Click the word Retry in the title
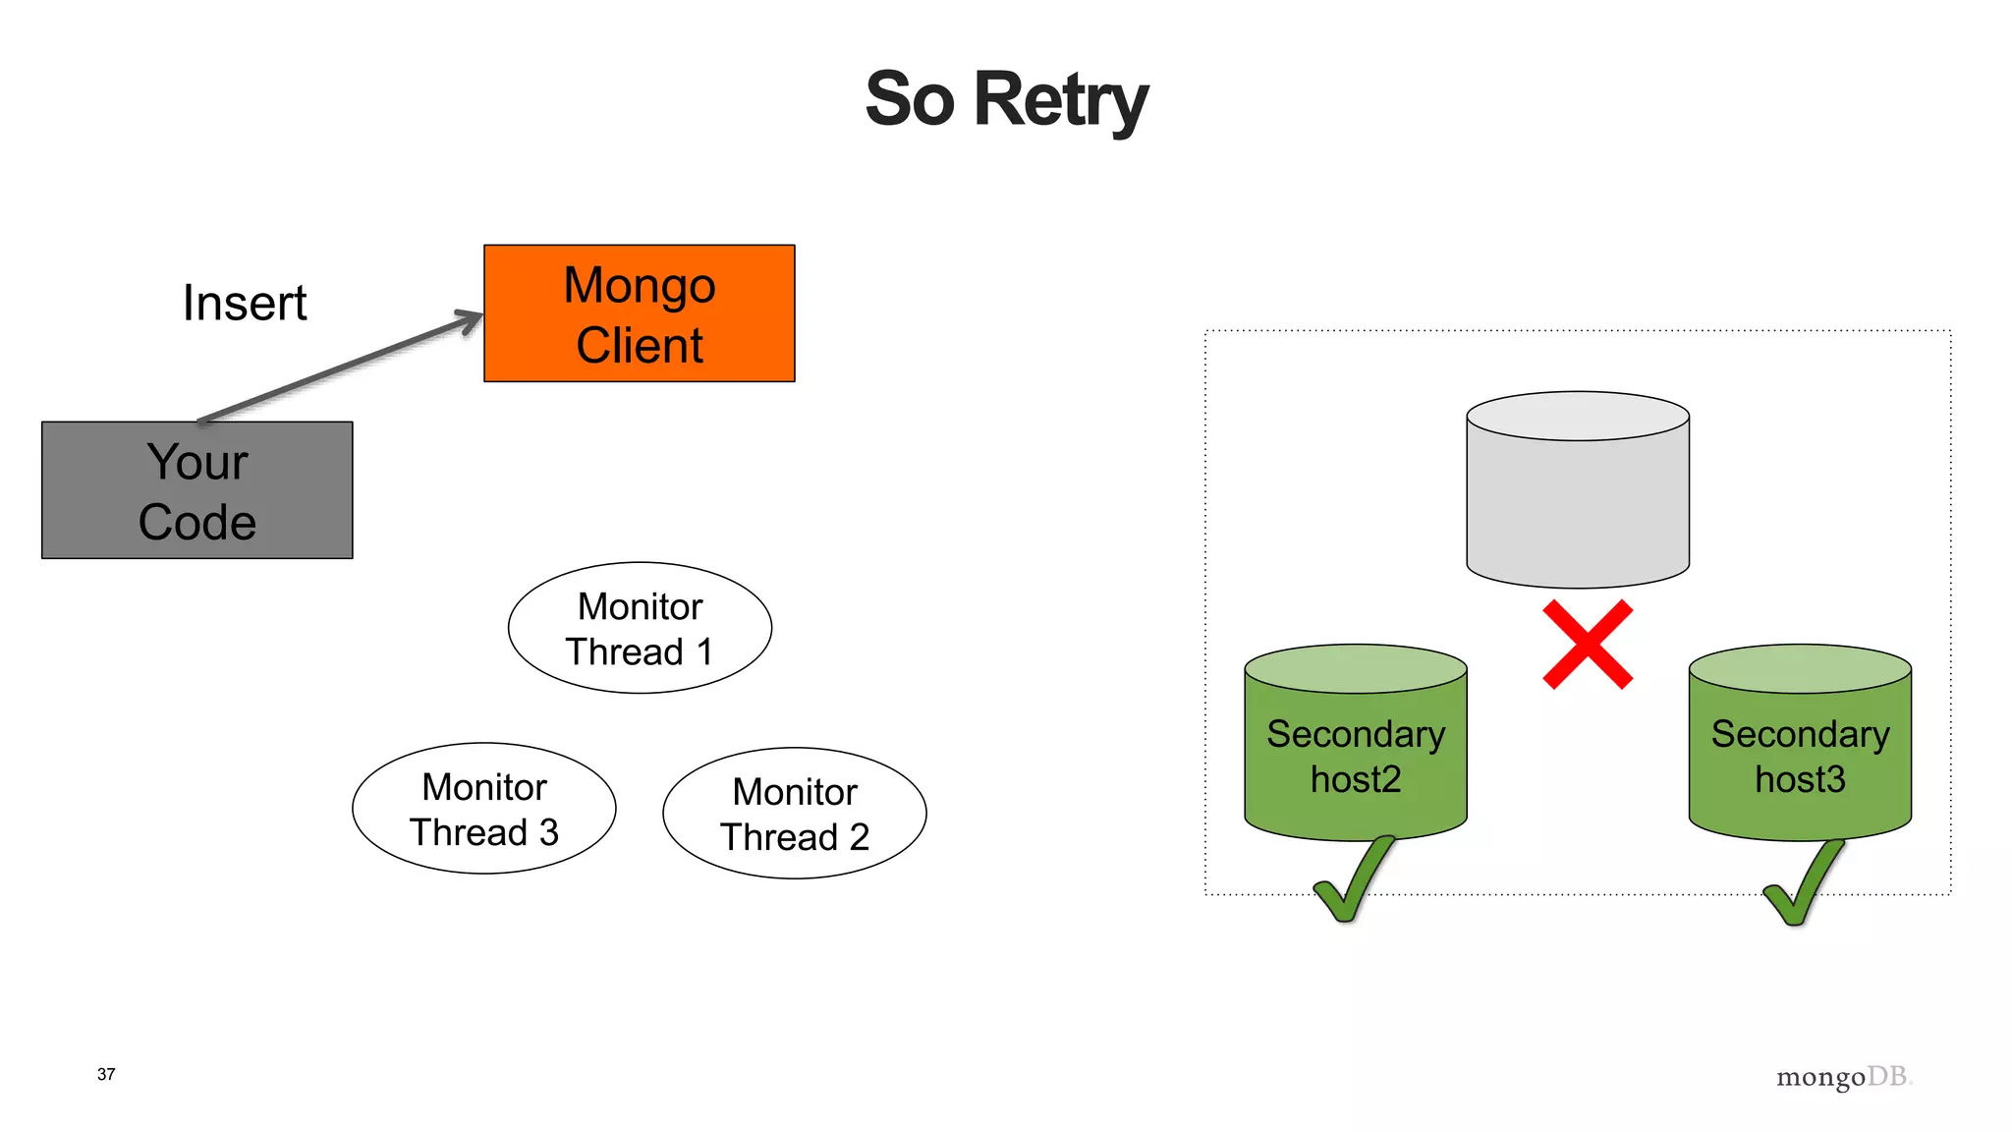pyautogui.click(x=1060, y=100)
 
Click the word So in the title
pyautogui.click(x=909, y=100)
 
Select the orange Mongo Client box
pyautogui.click(x=639, y=313)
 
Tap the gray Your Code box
pyautogui.click(x=196, y=490)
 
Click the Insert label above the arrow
pyautogui.click(x=245, y=303)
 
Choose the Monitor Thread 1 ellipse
pyautogui.click(x=640, y=628)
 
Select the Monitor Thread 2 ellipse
pyautogui.click(x=794, y=814)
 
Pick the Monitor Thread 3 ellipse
pyautogui.click(x=483, y=809)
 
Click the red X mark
pyautogui.click(x=1587, y=645)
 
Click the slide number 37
pyautogui.click(x=106, y=1074)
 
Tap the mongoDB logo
pyautogui.click(x=1843, y=1077)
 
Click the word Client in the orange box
pyautogui.click(x=640, y=346)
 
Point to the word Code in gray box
pyautogui.click(x=196, y=522)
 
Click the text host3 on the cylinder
pyautogui.click(x=1800, y=779)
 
